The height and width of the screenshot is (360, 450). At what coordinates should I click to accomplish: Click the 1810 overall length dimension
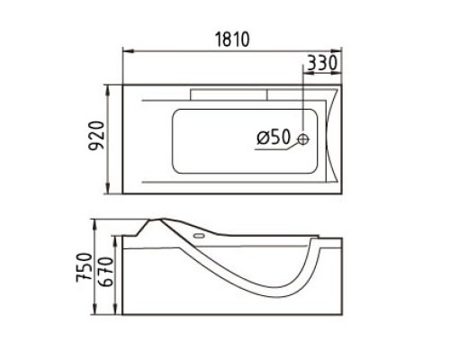(232, 40)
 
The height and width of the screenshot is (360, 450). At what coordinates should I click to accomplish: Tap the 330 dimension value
(322, 63)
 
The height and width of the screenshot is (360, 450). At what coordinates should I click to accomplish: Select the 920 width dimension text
(96, 135)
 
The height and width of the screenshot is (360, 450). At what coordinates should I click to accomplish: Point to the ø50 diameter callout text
(274, 137)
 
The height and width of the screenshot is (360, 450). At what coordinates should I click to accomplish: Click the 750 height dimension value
(84, 267)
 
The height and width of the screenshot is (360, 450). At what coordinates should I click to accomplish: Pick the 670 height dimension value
(105, 272)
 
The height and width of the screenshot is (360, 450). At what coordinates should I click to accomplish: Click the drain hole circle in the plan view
(303, 139)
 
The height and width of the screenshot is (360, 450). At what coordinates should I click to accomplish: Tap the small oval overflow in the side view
(199, 236)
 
